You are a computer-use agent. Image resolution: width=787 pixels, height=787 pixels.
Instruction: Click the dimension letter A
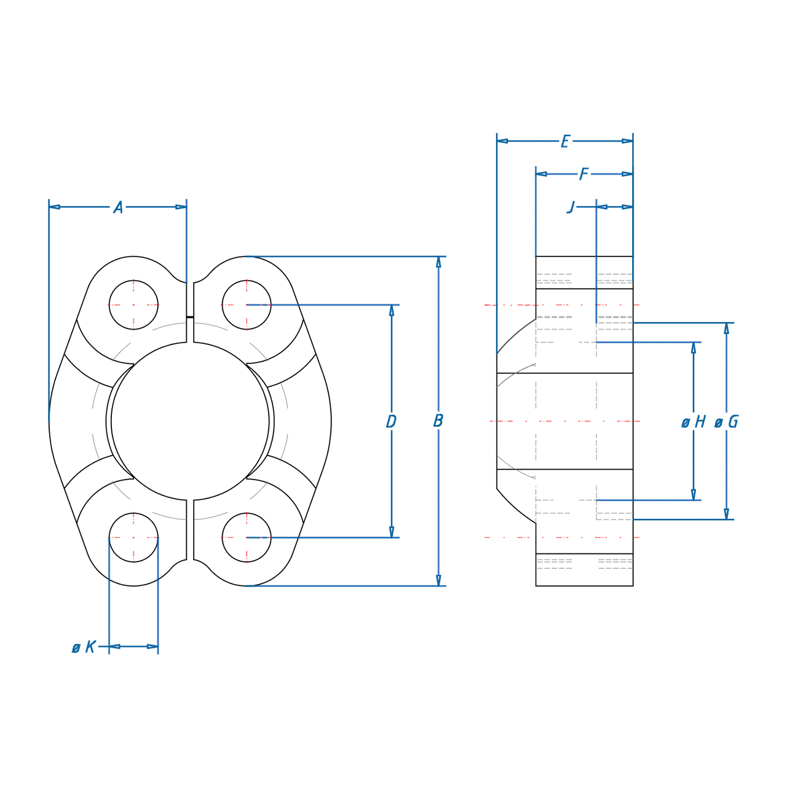[x=118, y=207]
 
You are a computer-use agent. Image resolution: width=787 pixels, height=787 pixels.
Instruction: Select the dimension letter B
[x=438, y=421]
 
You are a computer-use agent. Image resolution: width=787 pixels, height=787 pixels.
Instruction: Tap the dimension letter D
[x=391, y=421]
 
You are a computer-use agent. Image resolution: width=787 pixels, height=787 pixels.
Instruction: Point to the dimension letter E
[x=565, y=141]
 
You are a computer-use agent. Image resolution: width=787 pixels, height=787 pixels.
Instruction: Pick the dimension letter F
[x=584, y=175]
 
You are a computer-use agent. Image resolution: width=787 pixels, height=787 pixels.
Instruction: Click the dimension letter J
[x=571, y=207]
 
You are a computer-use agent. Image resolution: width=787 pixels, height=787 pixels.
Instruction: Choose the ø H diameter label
[x=694, y=422]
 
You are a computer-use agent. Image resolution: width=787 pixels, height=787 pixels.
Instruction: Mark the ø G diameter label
[x=727, y=422]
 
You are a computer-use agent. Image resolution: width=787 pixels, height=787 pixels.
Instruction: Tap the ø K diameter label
[x=84, y=647]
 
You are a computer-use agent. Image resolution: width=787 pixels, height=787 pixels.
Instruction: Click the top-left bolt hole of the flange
[x=133, y=305]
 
